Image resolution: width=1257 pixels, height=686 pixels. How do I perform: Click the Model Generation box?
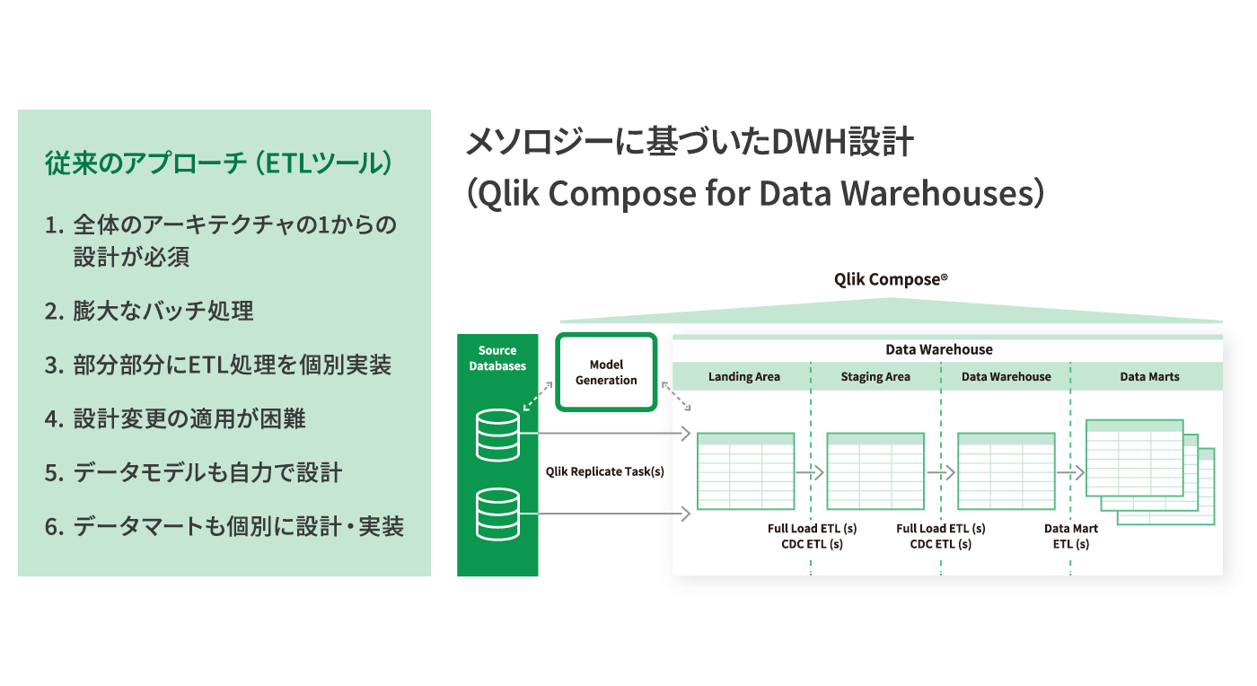tap(606, 373)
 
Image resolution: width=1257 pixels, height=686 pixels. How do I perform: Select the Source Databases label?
tap(497, 358)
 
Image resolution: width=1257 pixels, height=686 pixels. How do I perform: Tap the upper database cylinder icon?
tap(497, 435)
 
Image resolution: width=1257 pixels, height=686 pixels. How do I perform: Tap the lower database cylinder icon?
tap(497, 514)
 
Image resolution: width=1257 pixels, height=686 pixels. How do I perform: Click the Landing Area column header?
tap(743, 377)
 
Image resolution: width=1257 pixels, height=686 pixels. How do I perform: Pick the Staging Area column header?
tap(875, 377)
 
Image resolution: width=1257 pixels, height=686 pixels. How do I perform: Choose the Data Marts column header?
tap(1149, 377)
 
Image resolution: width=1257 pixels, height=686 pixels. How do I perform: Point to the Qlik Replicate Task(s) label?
tap(605, 471)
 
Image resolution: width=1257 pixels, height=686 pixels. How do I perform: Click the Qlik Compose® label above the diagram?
tap(891, 279)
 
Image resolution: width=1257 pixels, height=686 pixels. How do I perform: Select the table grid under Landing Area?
tap(746, 471)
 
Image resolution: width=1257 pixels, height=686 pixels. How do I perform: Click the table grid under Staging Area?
tap(875, 471)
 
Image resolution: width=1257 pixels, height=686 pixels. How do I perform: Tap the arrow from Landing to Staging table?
tap(810, 472)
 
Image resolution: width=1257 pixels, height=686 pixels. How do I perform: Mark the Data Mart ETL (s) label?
tap(1070, 536)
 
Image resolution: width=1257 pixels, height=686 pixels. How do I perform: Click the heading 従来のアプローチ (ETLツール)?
tap(219, 163)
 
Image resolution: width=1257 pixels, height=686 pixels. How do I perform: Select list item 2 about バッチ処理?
tap(149, 311)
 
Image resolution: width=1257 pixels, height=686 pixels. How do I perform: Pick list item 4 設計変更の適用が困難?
tap(175, 418)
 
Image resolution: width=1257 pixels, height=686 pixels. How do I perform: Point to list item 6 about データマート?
tap(224, 526)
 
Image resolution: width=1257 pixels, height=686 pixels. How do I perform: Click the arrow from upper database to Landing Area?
tap(605, 434)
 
